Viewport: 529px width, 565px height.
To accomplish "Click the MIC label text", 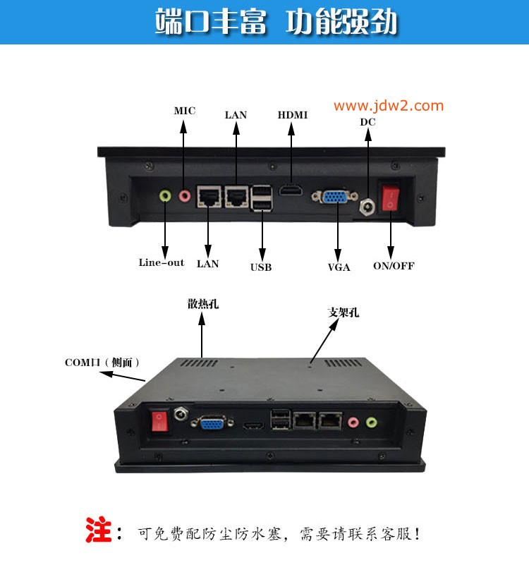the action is tap(185, 111).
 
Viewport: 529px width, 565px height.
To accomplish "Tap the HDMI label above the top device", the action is tap(292, 115).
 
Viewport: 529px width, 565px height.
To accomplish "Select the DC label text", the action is tap(367, 122).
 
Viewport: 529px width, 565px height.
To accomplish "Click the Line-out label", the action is tap(162, 262).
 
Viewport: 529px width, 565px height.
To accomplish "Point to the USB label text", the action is tap(261, 267).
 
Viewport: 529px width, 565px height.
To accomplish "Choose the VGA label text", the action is tap(339, 267).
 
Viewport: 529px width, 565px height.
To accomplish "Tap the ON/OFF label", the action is tap(394, 265).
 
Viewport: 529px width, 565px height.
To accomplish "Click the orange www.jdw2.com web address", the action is tap(389, 106).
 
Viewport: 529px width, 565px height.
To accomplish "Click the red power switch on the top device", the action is tap(391, 197).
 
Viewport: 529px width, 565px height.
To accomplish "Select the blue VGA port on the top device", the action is tap(335, 197).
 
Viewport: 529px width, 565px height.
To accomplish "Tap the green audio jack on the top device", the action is tap(165, 196).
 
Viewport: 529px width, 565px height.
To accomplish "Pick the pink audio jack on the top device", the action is tap(185, 196).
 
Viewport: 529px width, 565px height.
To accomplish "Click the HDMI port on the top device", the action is tap(291, 190).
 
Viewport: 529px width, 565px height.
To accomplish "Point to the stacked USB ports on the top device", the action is tap(262, 198).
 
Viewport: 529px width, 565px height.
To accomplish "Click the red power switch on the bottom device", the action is tap(159, 421).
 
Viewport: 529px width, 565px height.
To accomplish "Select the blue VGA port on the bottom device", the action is tap(212, 422).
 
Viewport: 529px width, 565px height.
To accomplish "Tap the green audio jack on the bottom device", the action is tap(372, 422).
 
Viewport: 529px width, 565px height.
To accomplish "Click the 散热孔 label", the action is tap(203, 304).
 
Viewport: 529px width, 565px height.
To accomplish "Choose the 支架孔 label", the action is tap(343, 312).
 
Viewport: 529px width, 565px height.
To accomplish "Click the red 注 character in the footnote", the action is tap(98, 529).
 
